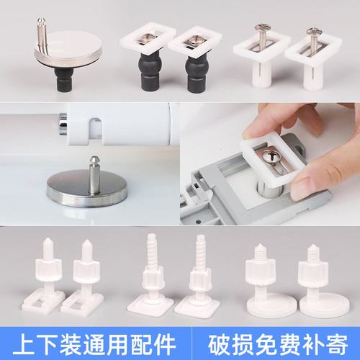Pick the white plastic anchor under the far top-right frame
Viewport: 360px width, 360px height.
coord(311,79)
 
